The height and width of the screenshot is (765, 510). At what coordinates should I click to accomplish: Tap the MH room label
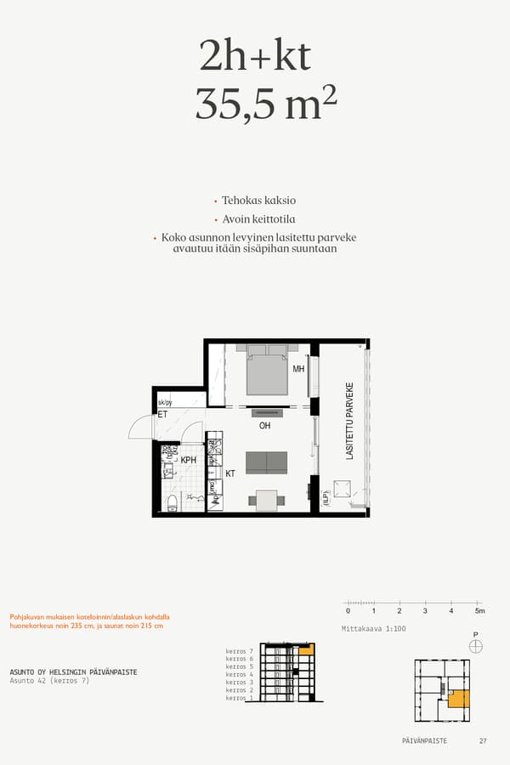coord(298,370)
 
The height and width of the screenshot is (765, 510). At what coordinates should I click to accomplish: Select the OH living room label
coord(265,426)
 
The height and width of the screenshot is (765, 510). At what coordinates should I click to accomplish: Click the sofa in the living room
coord(266,462)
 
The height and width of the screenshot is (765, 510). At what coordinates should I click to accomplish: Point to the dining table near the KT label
coord(267,501)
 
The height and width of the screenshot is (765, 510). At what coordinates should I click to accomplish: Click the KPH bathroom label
coord(189,460)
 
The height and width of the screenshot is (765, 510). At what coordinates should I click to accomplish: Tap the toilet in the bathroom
coord(173,502)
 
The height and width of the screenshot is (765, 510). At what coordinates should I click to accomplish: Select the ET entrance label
coord(162,415)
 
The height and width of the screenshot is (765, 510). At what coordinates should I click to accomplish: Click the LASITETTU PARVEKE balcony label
coord(349,422)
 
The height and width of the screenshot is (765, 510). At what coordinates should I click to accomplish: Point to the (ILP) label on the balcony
coord(326,498)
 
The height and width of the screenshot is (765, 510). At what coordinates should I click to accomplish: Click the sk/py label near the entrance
coord(165,403)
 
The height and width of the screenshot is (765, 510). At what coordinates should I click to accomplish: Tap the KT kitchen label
coord(229,473)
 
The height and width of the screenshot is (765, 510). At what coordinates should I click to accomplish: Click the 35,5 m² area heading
coord(266,104)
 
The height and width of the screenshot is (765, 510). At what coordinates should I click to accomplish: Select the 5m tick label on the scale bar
coord(479,611)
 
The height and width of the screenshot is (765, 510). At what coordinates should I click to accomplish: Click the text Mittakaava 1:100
coord(372,628)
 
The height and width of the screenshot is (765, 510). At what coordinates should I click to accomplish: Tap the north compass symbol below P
coord(475,647)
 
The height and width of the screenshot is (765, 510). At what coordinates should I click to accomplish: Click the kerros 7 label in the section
coord(240,650)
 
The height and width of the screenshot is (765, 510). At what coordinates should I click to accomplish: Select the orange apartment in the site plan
coord(458,698)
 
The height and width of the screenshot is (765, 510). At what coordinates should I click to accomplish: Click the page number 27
coord(483,741)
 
